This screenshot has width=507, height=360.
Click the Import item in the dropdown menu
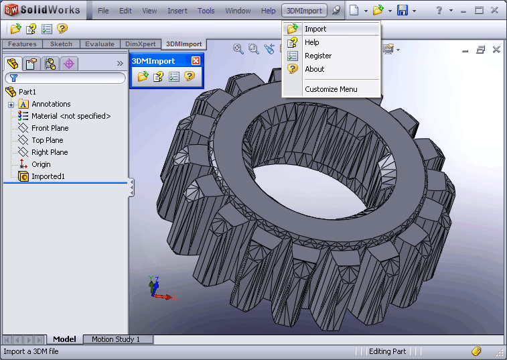[x=315, y=29]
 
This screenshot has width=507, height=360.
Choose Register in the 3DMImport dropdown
[x=317, y=56]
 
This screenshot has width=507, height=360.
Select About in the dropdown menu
[x=314, y=69]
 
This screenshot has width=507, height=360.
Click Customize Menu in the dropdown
[x=331, y=89]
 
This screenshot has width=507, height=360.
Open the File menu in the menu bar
[x=103, y=11]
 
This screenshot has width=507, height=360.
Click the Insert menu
[x=177, y=11]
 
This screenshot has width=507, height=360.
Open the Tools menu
[x=206, y=11]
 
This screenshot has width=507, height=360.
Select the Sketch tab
[x=62, y=44]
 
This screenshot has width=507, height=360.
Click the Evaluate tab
[x=100, y=44]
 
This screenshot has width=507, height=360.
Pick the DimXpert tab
[x=140, y=44]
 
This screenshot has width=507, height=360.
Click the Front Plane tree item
[x=50, y=128]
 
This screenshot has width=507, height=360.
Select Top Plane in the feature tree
[x=47, y=140]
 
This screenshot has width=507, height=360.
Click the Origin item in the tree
[x=41, y=164]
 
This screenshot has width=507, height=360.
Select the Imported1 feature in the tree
[x=48, y=176]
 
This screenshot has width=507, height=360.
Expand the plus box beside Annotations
[x=11, y=105]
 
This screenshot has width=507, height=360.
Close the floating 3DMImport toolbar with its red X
[x=196, y=60]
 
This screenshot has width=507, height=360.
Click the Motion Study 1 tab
[x=116, y=339]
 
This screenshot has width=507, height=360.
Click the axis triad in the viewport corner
[x=158, y=289]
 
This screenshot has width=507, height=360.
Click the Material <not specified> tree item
[x=70, y=116]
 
